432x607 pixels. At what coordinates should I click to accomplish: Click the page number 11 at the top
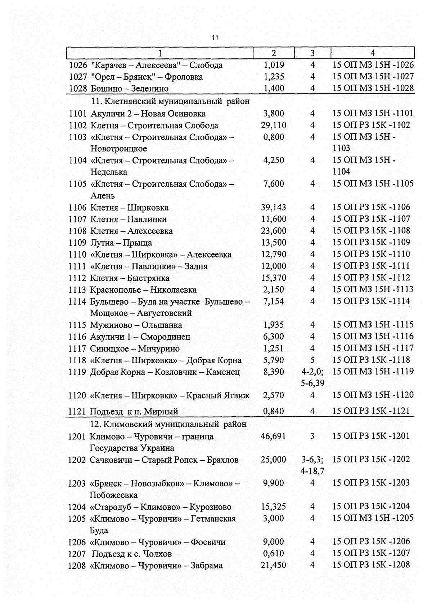tap(215, 37)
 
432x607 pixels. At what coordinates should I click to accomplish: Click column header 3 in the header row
tap(312, 53)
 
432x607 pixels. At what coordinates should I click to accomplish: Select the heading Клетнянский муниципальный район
tap(170, 101)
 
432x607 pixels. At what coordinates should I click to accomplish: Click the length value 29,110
tap(274, 125)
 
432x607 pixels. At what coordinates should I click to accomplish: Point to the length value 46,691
tap(273, 436)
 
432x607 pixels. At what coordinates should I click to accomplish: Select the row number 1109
tap(77, 243)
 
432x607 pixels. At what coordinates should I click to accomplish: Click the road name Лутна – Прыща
tap(121, 243)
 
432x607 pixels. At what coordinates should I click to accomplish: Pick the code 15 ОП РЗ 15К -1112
tap(371, 278)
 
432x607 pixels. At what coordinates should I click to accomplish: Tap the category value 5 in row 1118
tap(312, 360)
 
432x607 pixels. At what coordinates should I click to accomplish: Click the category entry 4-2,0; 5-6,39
tap(312, 377)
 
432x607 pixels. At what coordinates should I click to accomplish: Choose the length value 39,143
tap(273, 207)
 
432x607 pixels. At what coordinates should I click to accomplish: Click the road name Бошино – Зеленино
tap(129, 88)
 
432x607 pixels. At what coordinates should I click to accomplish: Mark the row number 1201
tap(77, 437)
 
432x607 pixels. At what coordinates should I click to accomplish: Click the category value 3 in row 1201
tap(312, 436)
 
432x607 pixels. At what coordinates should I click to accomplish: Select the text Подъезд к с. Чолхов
tap(132, 554)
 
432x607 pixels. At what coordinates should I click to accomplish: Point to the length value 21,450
tap(273, 565)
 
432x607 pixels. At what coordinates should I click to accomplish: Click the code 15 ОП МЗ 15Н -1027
tap(373, 76)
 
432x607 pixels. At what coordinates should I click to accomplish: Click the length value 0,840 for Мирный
tap(273, 411)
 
